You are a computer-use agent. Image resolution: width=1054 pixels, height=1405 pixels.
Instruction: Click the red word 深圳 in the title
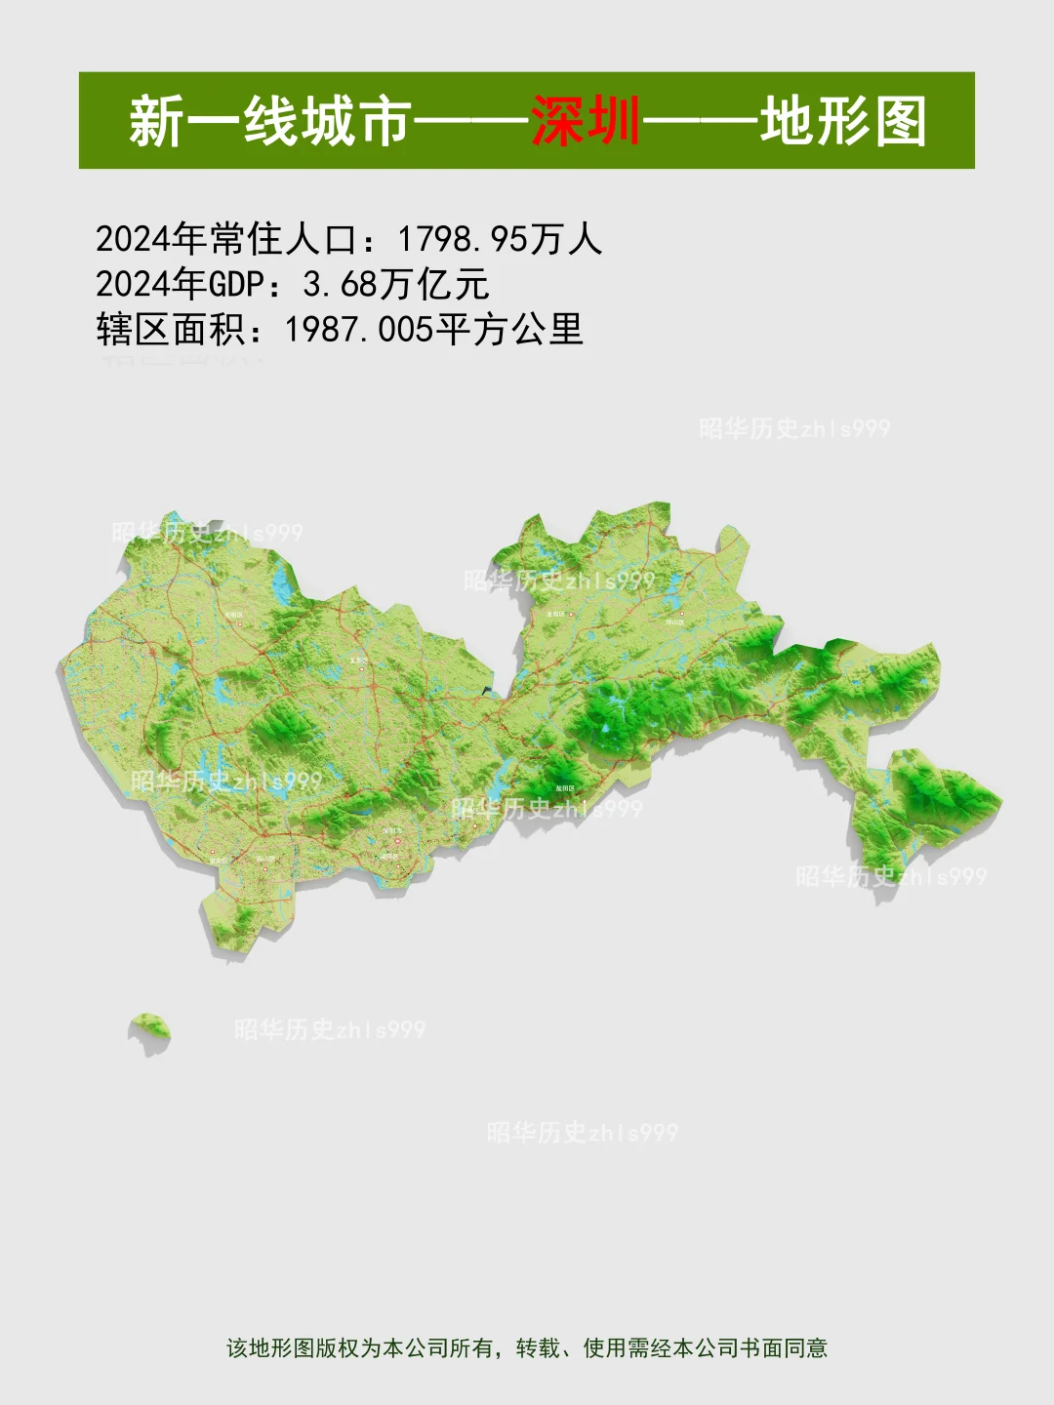tap(586, 121)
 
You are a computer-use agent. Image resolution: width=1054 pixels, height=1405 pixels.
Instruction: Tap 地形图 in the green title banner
tap(843, 121)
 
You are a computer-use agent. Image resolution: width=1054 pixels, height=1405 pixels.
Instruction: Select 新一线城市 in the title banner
tap(268, 121)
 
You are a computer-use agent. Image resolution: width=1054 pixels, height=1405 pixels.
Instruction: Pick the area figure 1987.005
tap(358, 329)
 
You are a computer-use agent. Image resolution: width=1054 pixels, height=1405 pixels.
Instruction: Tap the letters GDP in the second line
tap(236, 284)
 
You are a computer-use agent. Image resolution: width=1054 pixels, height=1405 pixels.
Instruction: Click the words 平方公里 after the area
tap(508, 329)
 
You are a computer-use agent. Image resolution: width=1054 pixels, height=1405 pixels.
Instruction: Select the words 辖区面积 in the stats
tap(170, 329)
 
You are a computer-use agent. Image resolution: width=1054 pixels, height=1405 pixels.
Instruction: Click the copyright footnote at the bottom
tap(527, 1347)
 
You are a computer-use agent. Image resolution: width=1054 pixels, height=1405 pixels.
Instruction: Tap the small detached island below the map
tap(150, 1026)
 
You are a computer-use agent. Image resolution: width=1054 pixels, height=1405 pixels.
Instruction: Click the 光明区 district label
tap(233, 616)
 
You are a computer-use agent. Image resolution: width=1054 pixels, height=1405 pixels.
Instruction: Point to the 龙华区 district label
tap(359, 661)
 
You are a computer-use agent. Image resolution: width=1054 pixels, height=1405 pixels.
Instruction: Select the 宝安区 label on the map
tap(219, 861)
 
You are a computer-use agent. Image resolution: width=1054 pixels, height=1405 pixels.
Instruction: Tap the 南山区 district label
tap(266, 859)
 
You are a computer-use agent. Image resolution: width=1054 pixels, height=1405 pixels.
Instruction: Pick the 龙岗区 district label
tap(556, 614)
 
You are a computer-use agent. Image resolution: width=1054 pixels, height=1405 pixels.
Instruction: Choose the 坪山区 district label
tap(674, 621)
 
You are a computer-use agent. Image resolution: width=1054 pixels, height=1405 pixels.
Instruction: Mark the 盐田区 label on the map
tap(565, 787)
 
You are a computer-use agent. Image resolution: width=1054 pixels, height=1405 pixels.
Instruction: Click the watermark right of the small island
tap(330, 1029)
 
